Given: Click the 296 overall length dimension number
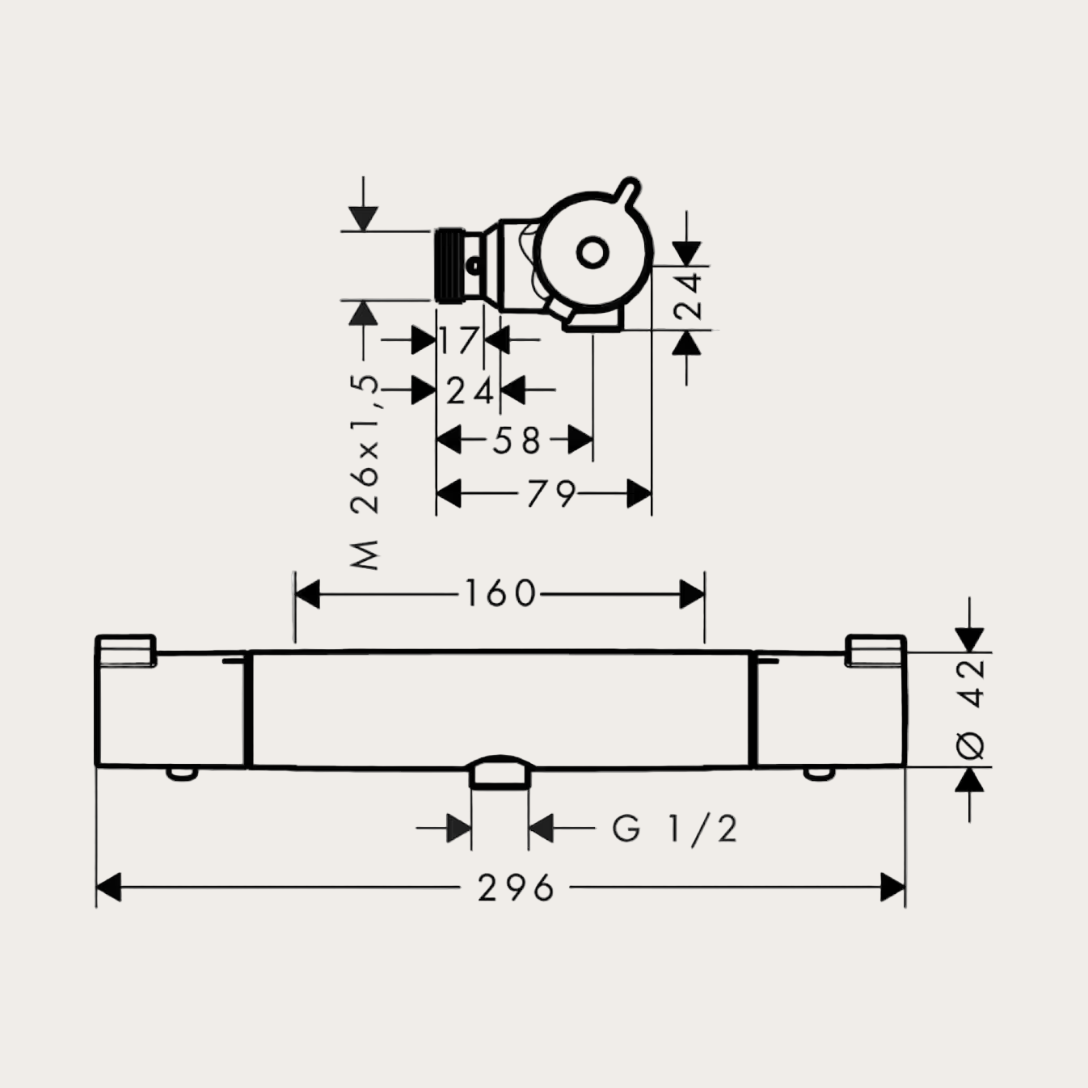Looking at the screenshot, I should [516, 888].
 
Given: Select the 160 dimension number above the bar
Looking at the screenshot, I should [500, 594].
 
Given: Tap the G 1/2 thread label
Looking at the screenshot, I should [675, 829].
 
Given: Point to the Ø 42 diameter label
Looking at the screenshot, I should [972, 709].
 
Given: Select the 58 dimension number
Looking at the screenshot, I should [517, 441].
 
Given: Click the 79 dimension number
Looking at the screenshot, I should [551, 494].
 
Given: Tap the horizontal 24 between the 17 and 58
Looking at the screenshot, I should [470, 391].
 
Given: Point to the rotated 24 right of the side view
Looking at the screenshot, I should [688, 296].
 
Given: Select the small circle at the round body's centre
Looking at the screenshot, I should [592, 254].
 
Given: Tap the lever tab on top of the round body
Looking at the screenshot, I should [626, 191].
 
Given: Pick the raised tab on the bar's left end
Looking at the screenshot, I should [125, 650].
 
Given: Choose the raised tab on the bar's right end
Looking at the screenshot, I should [875, 650].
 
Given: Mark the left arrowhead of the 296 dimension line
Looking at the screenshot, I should [108, 888].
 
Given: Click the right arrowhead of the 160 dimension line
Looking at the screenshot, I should [693, 595].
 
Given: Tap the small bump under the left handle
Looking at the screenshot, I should [182, 774].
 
